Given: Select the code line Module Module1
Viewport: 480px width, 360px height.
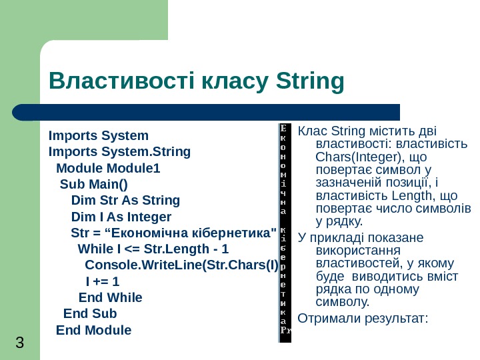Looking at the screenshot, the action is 108,168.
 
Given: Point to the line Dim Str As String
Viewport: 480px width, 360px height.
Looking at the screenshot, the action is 125,200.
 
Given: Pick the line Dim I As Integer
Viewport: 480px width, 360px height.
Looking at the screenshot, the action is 121,217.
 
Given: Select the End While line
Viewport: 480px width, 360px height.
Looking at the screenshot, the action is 110,297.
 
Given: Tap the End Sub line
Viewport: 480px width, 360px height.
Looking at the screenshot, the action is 90,313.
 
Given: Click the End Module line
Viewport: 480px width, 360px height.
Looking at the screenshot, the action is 94,330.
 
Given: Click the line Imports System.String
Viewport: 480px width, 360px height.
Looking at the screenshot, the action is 119,152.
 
